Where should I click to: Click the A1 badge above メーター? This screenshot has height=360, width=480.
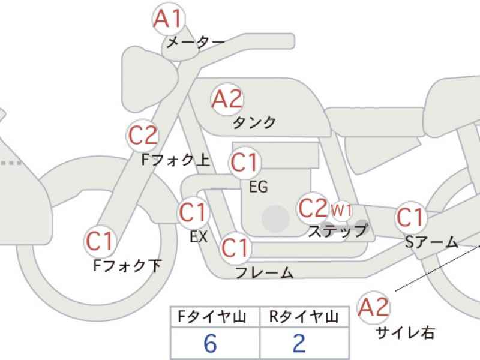coord(169,19)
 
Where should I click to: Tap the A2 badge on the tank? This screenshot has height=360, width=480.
coord(227,99)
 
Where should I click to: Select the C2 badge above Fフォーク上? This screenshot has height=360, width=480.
coord(143,135)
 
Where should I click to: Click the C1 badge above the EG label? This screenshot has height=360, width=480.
coord(244,162)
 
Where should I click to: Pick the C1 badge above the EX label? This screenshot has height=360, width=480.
coord(193,212)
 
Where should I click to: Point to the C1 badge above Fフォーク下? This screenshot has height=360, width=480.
coord(100,241)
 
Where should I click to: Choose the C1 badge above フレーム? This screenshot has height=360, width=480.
coord(235,248)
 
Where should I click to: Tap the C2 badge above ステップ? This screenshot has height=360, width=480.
coord(312,208)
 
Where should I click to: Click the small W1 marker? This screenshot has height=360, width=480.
coord(341,211)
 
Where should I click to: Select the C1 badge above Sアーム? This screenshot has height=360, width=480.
coord(410,217)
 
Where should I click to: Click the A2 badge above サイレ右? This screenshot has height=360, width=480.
coord(373,307)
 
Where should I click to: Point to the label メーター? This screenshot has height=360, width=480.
coord(196,42)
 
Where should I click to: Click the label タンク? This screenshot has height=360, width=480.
coord(254,123)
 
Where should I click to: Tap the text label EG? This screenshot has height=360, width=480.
coord(259,187)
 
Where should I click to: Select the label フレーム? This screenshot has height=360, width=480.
coord(265,272)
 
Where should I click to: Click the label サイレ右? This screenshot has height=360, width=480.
coord(405,332)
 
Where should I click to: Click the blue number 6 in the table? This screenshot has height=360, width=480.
coord(211,343)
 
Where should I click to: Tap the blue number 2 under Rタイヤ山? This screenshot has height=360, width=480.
coord(299,343)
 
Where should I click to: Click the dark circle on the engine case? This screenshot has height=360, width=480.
coord(275,219)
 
